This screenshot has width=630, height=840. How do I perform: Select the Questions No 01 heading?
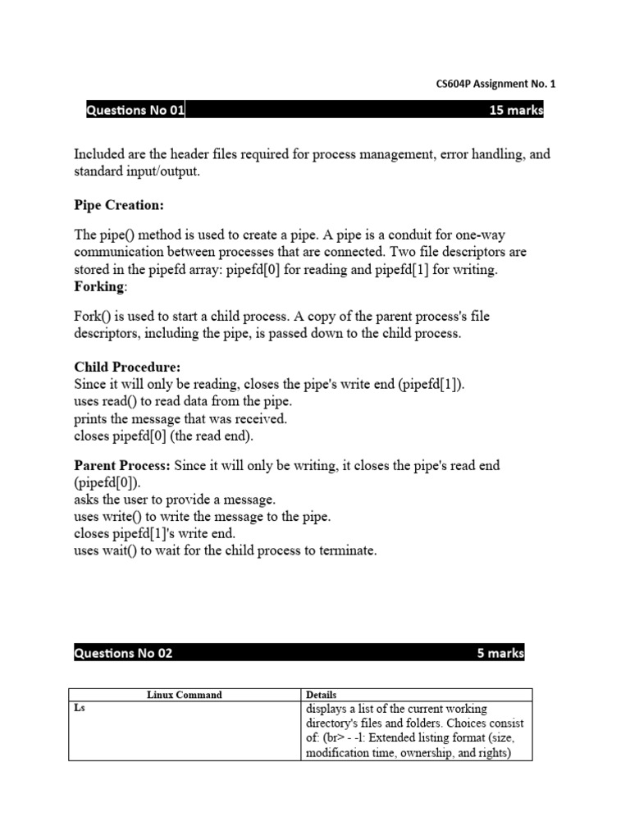(135, 111)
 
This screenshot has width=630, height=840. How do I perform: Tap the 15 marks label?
(516, 111)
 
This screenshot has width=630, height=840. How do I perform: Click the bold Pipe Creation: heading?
(119, 204)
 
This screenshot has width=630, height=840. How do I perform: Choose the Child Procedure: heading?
(127, 367)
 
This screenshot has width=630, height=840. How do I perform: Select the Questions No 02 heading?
(124, 653)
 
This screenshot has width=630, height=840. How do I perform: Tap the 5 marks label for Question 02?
(500, 653)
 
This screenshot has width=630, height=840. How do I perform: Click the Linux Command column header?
(185, 695)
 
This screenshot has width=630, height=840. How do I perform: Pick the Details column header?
(321, 695)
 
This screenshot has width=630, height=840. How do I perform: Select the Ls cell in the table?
(80, 709)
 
